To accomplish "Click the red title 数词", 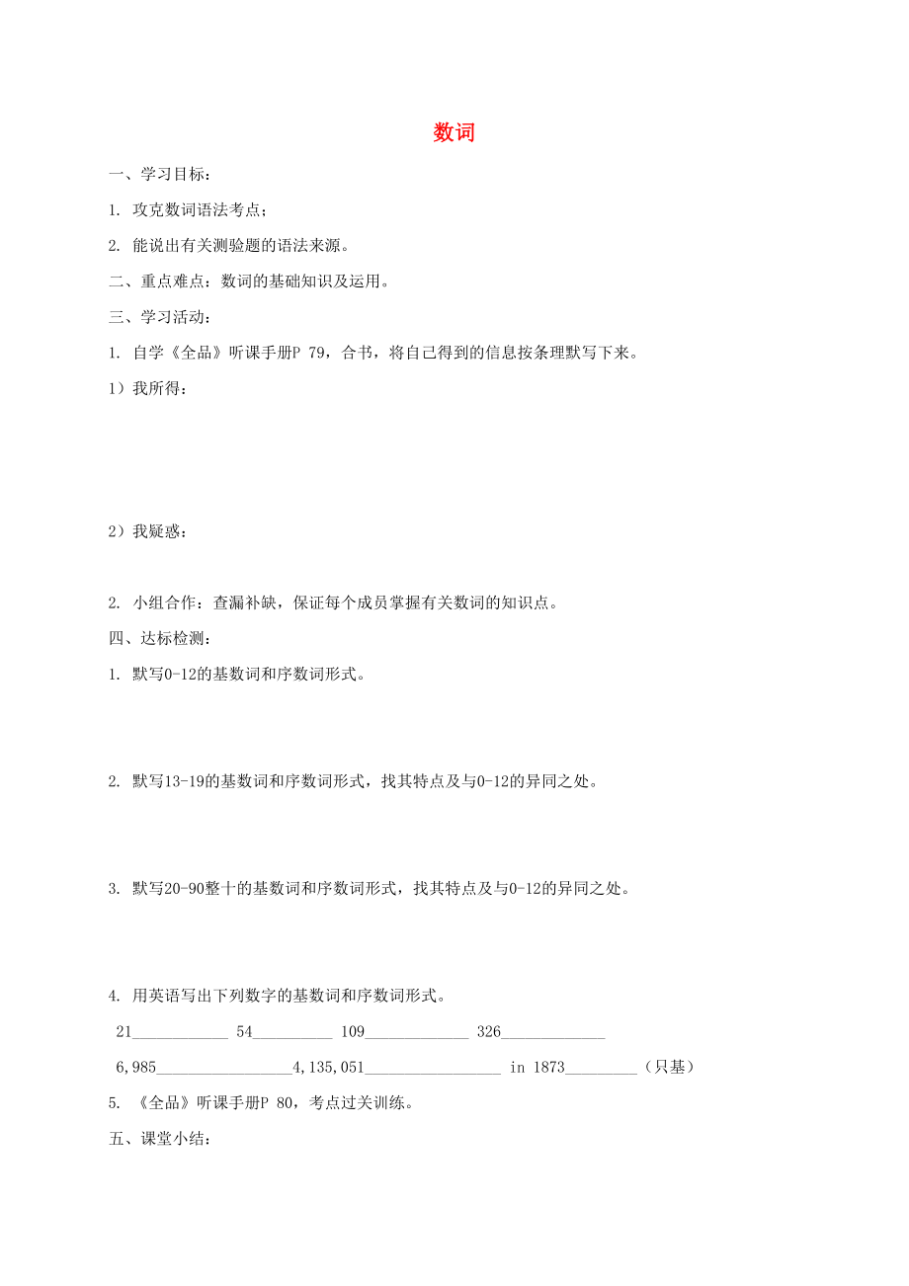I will click(454, 133).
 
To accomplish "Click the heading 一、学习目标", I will click(158, 175).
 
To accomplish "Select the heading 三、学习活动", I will click(158, 317).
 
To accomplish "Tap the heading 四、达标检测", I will click(158, 639).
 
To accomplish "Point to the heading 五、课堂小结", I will click(158, 1139).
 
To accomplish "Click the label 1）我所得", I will click(147, 388).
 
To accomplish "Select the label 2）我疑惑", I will click(147, 531).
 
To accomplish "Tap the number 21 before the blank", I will click(124, 1031).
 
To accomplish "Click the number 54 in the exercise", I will click(245, 1031).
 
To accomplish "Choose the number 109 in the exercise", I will click(353, 1031).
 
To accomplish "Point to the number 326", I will click(489, 1031).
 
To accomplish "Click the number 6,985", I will click(136, 1067).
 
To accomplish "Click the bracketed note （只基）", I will click(669, 1067).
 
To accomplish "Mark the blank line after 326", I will click(553, 1035).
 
